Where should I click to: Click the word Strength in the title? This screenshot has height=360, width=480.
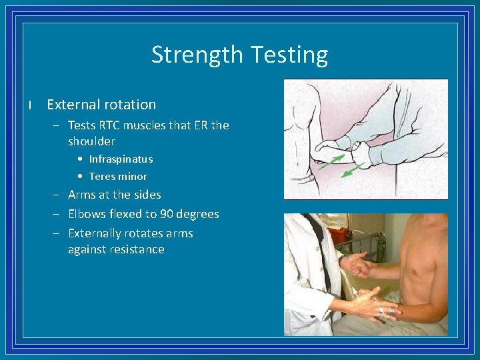tap(194, 55)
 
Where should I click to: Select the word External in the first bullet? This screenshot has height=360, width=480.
tap(71, 105)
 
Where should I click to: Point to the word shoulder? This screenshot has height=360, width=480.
tap(91, 141)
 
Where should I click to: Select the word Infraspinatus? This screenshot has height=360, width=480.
tap(121, 159)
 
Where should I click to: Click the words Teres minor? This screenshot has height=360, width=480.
tap(118, 177)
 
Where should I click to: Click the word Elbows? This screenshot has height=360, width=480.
tap(87, 214)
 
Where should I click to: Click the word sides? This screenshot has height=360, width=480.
tap(147, 195)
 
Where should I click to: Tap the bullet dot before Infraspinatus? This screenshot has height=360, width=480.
tap(80, 159)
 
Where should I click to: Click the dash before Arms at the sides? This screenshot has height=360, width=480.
tap(58, 195)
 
